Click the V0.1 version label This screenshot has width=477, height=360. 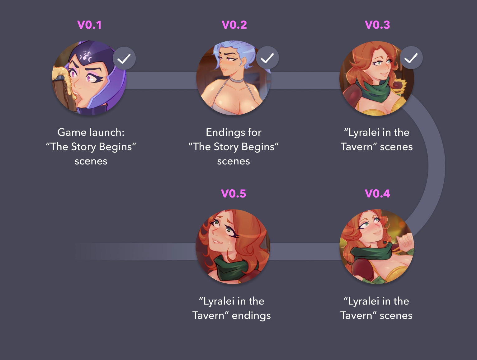coord(89,25)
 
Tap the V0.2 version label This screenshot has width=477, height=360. coord(234,25)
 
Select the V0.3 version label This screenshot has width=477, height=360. coord(377,25)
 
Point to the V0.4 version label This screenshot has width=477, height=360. coord(377,194)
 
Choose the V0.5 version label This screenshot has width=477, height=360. coord(234,194)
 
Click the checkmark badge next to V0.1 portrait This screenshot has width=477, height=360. coord(124,58)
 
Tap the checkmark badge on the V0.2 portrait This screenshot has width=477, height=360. coord(267,58)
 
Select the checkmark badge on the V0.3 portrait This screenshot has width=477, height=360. coord(411,58)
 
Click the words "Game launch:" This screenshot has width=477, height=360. coord(91,132)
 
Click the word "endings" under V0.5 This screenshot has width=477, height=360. coord(251,315)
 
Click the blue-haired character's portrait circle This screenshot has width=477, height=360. coord(234,78)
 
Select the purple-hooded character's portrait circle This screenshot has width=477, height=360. coord(89,78)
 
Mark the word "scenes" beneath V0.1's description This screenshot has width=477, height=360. coord(91,161)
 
